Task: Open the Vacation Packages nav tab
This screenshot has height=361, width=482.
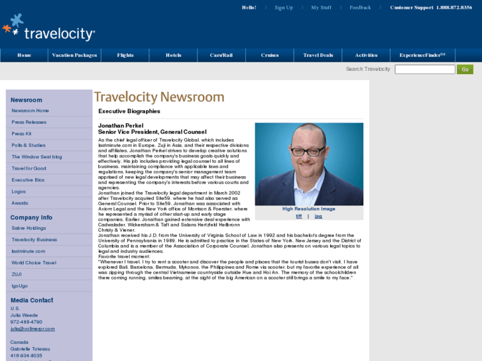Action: [x=74, y=56]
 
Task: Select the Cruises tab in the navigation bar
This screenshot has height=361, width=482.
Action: [x=270, y=56]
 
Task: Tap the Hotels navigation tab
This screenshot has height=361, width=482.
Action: [x=174, y=56]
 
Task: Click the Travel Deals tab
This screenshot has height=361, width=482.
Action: [x=318, y=56]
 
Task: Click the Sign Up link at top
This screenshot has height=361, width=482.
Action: [x=284, y=8]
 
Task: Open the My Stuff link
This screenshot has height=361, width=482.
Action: [x=321, y=8]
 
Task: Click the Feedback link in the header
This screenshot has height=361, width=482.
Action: [x=360, y=8]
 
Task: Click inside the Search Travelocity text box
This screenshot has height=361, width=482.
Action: [x=424, y=70]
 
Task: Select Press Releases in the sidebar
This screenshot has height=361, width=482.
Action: [x=29, y=123]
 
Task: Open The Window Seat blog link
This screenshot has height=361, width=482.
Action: [x=36, y=157]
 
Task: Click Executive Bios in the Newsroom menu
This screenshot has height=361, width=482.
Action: [x=29, y=180]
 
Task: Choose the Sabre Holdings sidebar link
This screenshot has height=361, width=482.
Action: [x=29, y=228]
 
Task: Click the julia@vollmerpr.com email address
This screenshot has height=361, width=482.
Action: [x=32, y=329]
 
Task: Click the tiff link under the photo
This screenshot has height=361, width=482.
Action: [x=299, y=217]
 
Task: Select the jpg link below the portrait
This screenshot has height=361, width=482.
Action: [x=318, y=217]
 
